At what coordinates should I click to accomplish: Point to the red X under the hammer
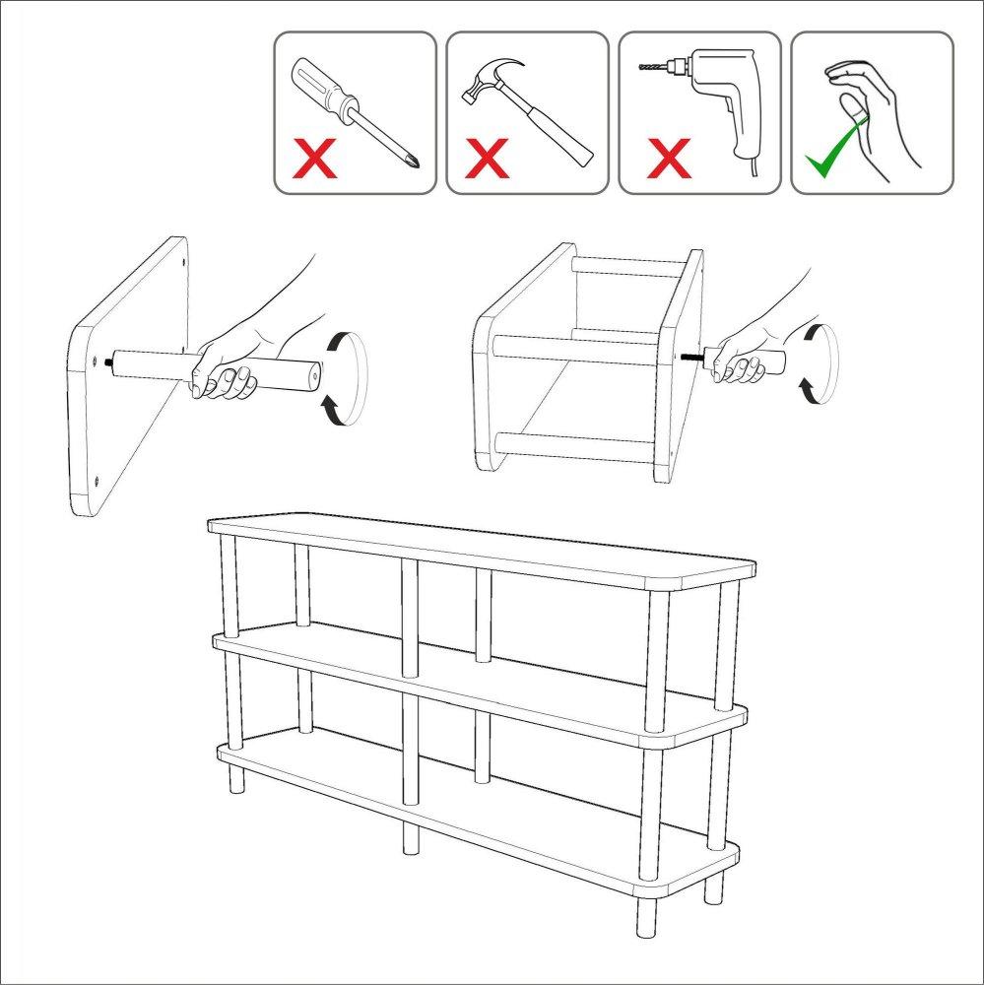tap(489, 159)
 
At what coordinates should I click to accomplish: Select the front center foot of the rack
tap(410, 837)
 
